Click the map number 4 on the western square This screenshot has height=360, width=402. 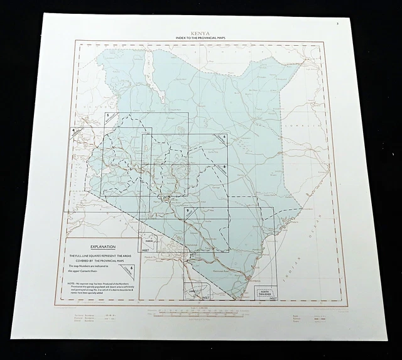(x=74, y=130)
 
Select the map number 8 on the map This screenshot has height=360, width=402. (x=224, y=165)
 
